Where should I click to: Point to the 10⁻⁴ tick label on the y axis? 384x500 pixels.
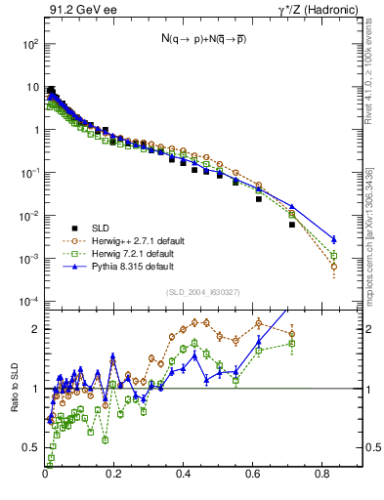point(30,302)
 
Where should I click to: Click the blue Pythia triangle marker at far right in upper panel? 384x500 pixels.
point(333,239)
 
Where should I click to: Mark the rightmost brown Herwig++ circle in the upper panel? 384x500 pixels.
point(333,266)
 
